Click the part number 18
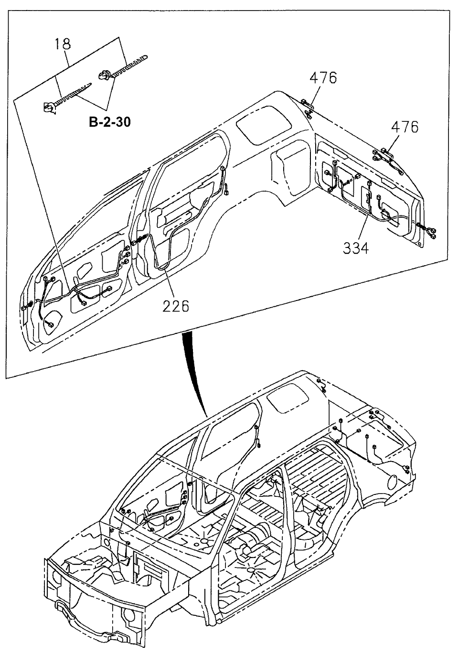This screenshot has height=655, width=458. [x=63, y=44]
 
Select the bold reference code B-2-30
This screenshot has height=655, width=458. [x=110, y=122]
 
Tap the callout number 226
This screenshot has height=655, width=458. [x=175, y=305]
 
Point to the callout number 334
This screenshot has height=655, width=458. [x=355, y=247]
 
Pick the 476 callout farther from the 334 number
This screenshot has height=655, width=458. [x=323, y=77]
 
